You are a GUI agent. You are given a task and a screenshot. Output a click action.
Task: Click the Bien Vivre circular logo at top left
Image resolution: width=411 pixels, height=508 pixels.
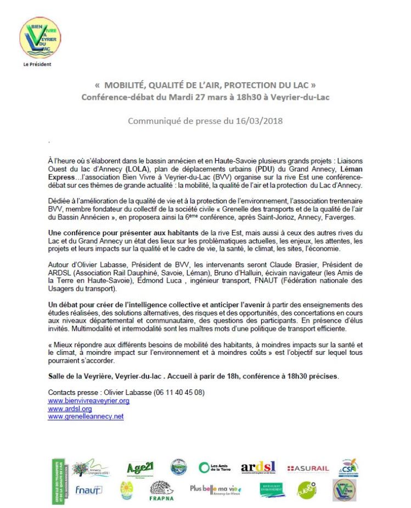pyautogui.click(x=40, y=38)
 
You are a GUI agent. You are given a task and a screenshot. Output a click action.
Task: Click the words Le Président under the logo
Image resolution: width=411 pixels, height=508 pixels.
pyautogui.click(x=38, y=65)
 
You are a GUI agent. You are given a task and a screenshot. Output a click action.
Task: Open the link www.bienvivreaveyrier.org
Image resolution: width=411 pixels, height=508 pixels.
pyautogui.click(x=88, y=400)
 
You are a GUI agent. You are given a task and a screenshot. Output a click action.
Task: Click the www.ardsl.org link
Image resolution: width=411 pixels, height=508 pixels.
pyautogui.click(x=70, y=409)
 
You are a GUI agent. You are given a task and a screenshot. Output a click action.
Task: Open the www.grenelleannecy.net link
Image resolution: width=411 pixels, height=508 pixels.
pyautogui.click(x=86, y=416)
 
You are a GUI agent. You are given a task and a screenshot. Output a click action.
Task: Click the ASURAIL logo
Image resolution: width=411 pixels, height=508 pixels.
pyautogui.click(x=308, y=469)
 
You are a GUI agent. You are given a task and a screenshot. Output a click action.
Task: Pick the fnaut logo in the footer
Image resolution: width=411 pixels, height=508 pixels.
pyautogui.click(x=89, y=489)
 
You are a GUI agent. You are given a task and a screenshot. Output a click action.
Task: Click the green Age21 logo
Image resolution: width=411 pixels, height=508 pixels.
pyautogui.click(x=140, y=468)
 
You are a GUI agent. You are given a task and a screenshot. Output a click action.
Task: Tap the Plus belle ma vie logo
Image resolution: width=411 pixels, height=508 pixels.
pyautogui.click(x=215, y=488)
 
